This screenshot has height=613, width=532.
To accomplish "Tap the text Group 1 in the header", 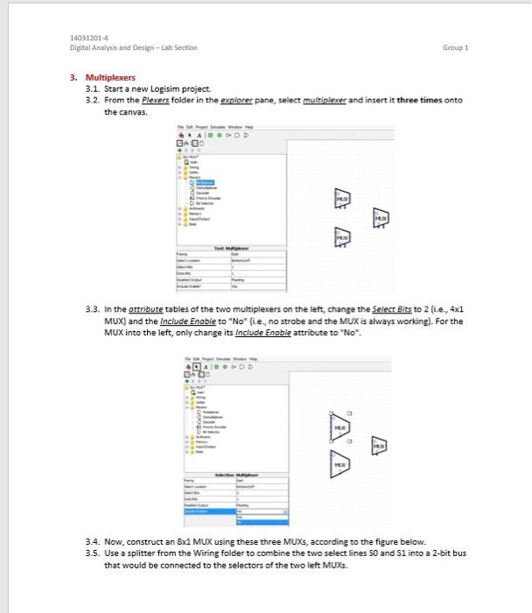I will [456, 48].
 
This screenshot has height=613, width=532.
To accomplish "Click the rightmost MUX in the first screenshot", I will [381, 217].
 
